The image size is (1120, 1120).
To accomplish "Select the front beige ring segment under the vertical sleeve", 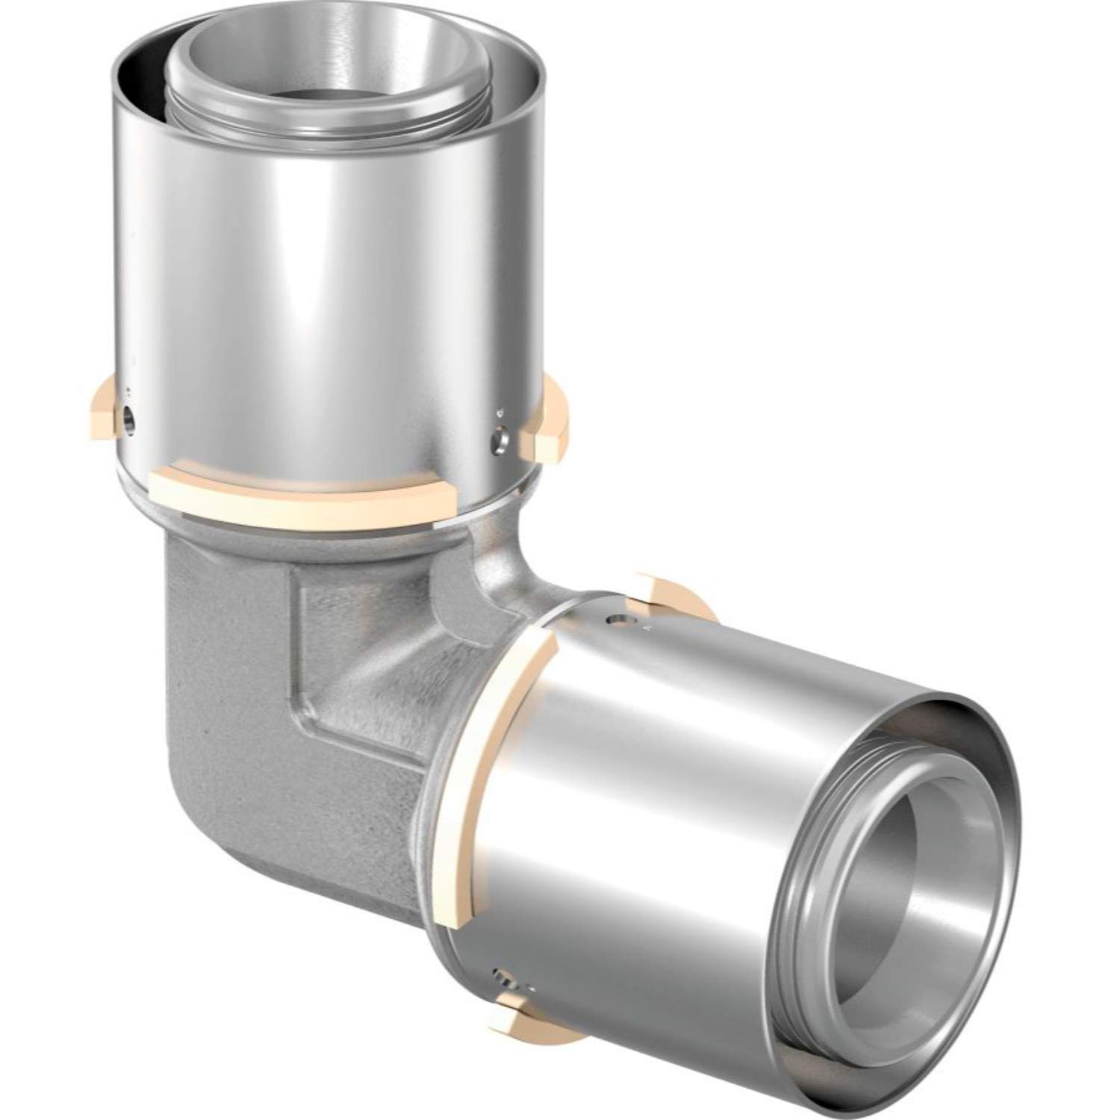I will point(299,497).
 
